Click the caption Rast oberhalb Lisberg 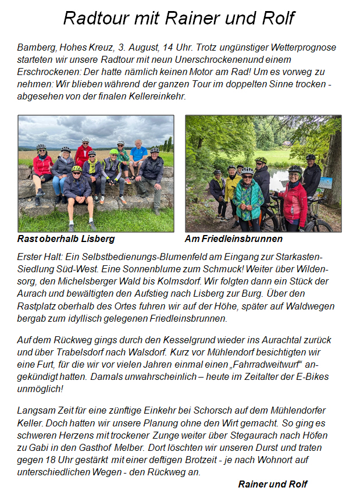point(66,239)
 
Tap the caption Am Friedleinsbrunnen point(233,239)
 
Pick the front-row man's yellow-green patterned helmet point(77,169)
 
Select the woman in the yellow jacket point(233,186)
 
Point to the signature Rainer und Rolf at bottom point(273,484)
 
